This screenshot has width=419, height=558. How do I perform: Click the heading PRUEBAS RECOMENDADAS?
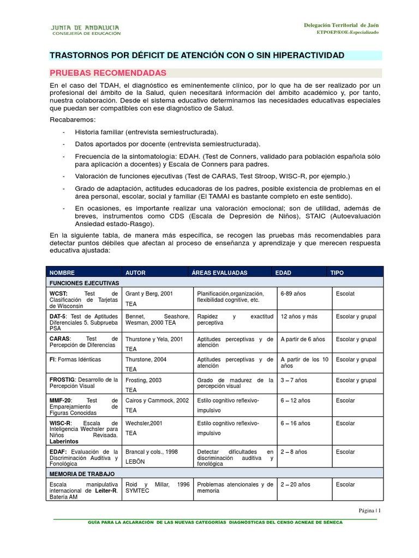pos(108,72)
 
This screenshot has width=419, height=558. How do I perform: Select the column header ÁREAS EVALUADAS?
pos(219,272)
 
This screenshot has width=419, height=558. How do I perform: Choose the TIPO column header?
pos(337,272)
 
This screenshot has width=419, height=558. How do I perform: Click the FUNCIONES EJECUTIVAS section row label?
pos(85,284)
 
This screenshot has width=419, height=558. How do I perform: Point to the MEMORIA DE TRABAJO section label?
pos(82,474)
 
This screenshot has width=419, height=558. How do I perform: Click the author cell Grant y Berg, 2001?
pos(149,294)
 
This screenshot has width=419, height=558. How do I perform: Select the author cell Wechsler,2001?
pos(145,423)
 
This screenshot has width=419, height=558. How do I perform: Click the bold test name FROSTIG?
pos(63,380)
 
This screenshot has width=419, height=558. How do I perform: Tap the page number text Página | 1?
pos(369,511)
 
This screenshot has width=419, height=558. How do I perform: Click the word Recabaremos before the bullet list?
pos(72,119)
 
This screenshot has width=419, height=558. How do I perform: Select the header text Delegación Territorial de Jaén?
pos(341,26)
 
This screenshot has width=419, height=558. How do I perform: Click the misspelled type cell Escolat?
pos(345,294)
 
